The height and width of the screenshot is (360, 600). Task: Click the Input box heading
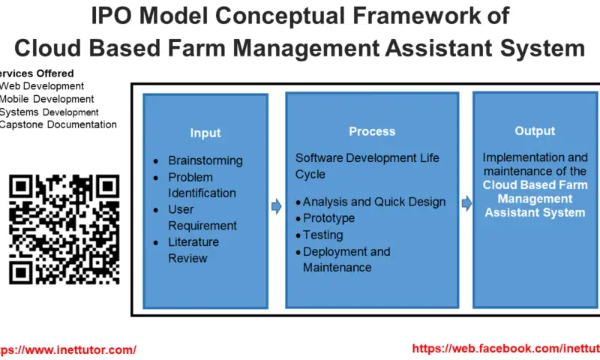coord(205,133)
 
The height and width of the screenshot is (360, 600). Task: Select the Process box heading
coord(371,131)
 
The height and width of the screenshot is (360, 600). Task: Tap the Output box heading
coord(534,131)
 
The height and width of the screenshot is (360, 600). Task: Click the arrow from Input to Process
coord(276,205)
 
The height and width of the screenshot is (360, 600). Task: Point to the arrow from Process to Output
coord(466,202)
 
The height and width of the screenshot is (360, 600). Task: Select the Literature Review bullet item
coord(193,250)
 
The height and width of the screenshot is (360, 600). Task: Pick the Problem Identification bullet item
coord(201,185)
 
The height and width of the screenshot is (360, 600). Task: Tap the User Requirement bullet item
coord(202,217)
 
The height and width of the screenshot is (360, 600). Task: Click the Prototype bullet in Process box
coord(328,218)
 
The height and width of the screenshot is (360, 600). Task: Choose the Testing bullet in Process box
coord(323,235)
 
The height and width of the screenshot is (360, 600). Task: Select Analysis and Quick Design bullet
coord(373,202)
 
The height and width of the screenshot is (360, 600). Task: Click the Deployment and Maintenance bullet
coord(346,259)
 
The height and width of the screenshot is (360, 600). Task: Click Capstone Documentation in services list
coord(58,124)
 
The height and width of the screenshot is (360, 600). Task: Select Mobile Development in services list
coord(47,99)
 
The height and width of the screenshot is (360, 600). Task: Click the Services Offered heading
coord(37,73)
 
